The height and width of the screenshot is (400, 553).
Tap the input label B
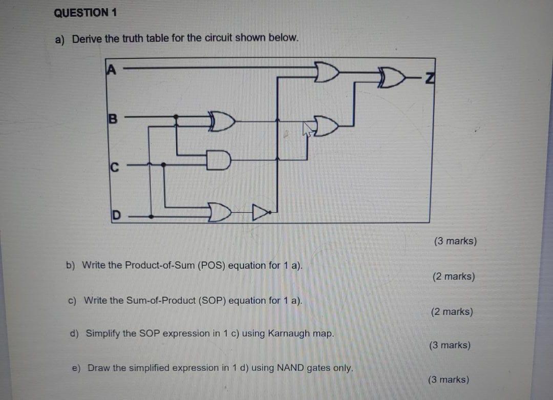click(x=112, y=119)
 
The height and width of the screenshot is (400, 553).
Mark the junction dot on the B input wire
click(x=176, y=117)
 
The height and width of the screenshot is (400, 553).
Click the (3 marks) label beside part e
click(x=448, y=380)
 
